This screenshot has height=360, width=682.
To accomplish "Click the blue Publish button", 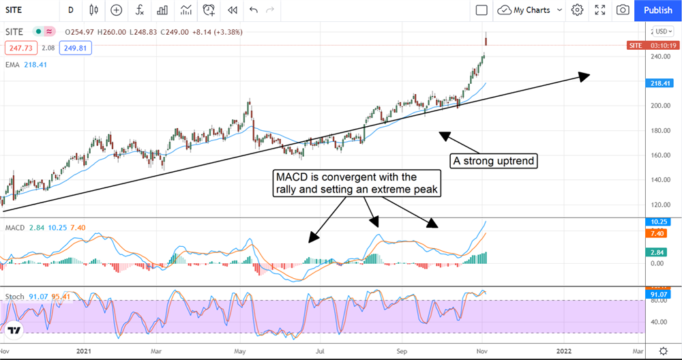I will click(657, 10).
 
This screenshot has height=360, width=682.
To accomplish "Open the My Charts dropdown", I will click(530, 10).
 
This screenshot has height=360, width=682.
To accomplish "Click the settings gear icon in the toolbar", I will click(577, 10).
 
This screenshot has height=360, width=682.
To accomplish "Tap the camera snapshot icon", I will click(623, 10).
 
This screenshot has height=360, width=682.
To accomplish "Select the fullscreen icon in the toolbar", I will click(600, 10).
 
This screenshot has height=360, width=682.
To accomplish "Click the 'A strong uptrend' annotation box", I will click(492, 161).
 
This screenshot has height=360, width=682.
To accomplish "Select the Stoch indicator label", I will click(15, 297).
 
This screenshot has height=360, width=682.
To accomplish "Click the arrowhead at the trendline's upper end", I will click(584, 76).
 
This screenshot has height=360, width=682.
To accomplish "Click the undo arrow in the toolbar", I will click(254, 10).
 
